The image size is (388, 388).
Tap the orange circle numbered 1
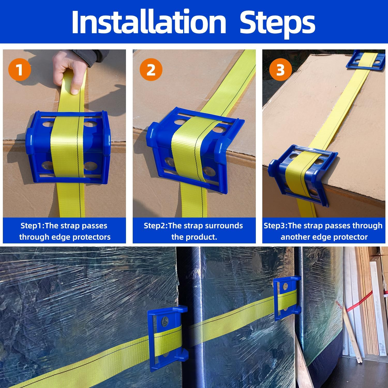point(20,70)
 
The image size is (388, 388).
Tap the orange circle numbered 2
point(151,70)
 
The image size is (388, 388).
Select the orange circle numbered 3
point(280,70)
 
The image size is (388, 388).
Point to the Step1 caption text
point(65,231)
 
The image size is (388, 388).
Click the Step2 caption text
point(193,231)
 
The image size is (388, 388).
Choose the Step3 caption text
point(323,231)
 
